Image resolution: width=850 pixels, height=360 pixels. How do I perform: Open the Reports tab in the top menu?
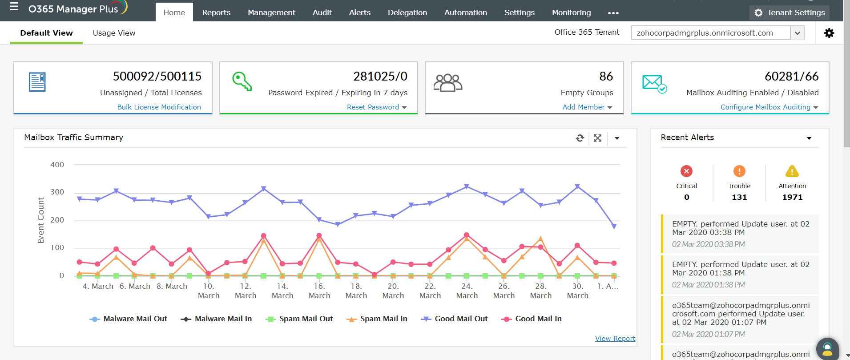(216, 12)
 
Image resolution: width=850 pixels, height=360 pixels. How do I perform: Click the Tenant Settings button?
(790, 12)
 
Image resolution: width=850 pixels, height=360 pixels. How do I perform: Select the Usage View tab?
(114, 33)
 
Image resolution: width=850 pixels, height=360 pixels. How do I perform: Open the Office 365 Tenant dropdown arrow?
(797, 33)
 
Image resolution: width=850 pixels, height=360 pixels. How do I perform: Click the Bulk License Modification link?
(159, 107)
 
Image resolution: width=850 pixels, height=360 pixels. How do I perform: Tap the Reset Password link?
(373, 107)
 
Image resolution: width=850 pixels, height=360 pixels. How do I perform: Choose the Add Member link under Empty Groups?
(583, 107)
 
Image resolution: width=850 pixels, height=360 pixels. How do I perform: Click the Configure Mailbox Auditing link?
(765, 107)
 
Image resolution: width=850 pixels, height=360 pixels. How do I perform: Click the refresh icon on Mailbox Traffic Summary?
(580, 138)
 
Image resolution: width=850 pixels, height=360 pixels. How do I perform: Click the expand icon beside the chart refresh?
(598, 138)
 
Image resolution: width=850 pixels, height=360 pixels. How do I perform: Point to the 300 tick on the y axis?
(57, 192)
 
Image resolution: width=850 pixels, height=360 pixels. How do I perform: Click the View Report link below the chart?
(615, 339)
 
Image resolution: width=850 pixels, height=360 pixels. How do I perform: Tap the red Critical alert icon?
(686, 171)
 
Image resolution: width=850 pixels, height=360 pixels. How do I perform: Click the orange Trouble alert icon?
(739, 171)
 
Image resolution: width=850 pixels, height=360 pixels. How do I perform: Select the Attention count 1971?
(792, 197)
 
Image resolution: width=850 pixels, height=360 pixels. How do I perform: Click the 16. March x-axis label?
(319, 291)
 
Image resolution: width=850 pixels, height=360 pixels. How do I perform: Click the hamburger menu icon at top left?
(14, 7)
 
